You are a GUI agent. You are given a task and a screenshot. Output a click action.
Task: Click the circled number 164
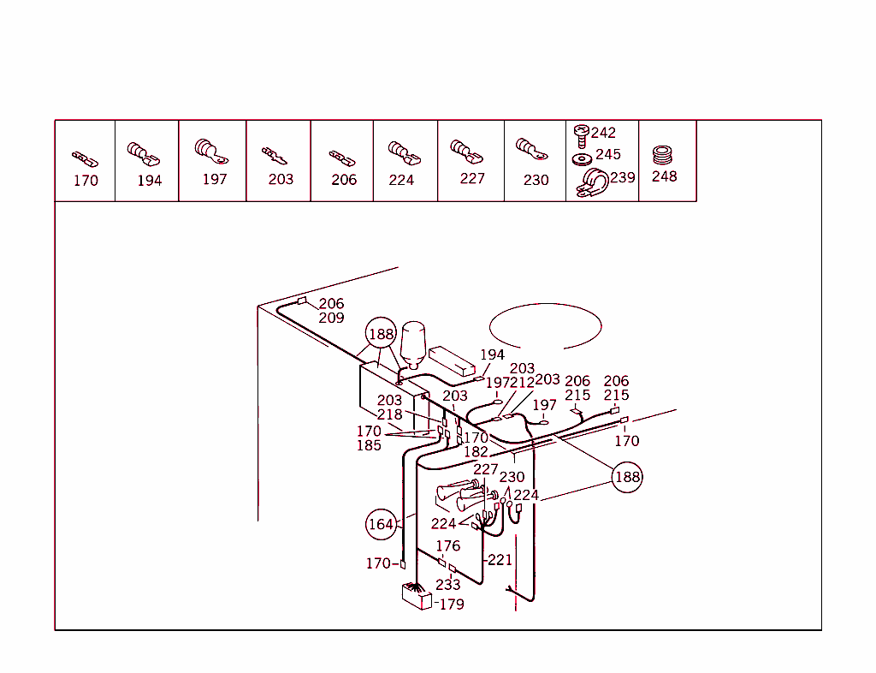click(x=381, y=524)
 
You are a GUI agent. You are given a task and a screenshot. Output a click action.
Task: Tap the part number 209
click(x=331, y=318)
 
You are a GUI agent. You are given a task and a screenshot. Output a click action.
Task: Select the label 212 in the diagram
click(x=522, y=383)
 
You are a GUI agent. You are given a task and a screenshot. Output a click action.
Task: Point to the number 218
click(x=389, y=414)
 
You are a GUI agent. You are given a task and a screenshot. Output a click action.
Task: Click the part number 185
click(x=369, y=445)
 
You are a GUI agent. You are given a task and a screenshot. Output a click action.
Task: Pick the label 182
click(x=476, y=452)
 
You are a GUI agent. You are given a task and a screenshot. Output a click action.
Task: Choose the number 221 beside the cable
click(x=500, y=560)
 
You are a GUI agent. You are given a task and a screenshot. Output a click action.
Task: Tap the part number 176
click(x=447, y=545)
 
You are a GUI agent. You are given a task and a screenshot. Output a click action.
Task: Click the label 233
click(x=447, y=585)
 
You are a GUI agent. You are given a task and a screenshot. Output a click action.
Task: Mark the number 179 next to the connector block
click(x=451, y=605)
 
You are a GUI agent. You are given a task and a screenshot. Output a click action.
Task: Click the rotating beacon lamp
click(x=413, y=342)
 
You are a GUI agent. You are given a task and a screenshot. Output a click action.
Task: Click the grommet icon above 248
click(x=663, y=155)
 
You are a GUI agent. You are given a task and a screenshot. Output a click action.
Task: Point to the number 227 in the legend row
click(x=471, y=178)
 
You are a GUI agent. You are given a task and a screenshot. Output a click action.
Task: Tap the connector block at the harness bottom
click(x=416, y=595)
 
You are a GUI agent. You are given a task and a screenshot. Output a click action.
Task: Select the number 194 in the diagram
click(x=492, y=354)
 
